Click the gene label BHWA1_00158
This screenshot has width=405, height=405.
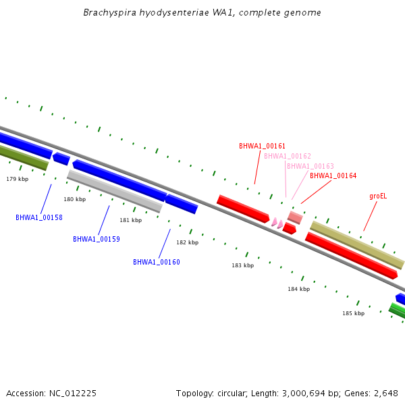coord(39,217)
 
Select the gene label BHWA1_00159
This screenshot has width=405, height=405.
coord(97,239)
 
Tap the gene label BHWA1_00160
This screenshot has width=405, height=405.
coord(157,262)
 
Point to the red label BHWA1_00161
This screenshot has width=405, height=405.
coord(262,146)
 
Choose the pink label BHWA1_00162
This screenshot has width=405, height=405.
coord(288,156)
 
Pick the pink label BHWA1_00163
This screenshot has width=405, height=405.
coord(310,166)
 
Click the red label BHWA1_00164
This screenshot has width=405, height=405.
coord(333,175)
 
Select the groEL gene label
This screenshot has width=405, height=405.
coord(378,196)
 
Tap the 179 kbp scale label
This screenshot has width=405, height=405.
coord(18,179)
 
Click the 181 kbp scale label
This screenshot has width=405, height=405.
coord(131,220)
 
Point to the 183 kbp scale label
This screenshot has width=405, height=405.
coord(243,265)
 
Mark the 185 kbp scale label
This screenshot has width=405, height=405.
coord(353,313)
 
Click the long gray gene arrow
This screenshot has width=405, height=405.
coord(115,191)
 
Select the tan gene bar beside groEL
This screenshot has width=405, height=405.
coord(357,245)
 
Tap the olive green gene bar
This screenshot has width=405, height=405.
coord(23,157)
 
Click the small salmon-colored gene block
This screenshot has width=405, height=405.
coord(295,217)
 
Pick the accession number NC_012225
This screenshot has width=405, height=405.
coord(73,394)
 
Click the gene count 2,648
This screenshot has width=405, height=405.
coord(386,394)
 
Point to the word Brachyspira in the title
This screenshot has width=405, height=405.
coord(110,12)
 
